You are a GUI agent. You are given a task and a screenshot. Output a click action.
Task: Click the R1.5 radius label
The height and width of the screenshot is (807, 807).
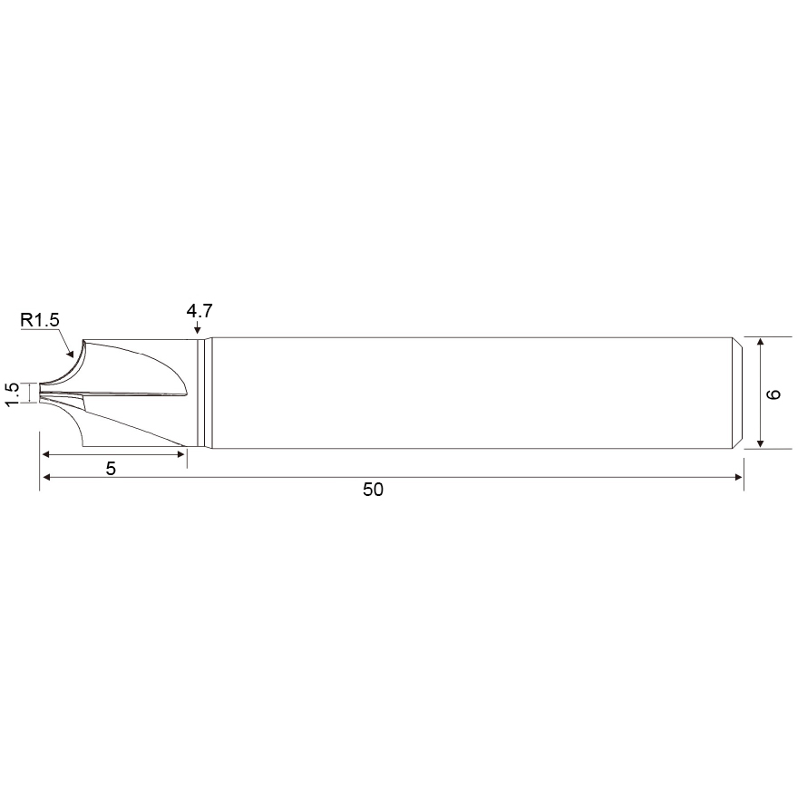pyautogui.click(x=40, y=319)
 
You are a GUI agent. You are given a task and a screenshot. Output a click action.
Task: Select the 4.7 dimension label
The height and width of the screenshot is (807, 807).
pyautogui.click(x=199, y=310)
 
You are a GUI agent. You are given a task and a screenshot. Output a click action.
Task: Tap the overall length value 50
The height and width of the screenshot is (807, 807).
pyautogui.click(x=374, y=490)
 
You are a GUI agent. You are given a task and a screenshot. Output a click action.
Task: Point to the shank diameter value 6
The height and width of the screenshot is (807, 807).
pyautogui.click(x=773, y=394)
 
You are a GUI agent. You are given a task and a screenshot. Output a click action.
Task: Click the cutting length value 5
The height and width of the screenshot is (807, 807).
pyautogui.click(x=111, y=469)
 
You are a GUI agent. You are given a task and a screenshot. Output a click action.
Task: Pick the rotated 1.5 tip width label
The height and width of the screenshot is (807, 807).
pyautogui.click(x=13, y=394)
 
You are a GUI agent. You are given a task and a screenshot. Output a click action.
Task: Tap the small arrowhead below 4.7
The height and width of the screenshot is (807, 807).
pyautogui.click(x=197, y=329)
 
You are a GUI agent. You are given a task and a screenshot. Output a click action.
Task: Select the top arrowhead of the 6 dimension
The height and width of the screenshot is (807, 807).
pyautogui.click(x=761, y=342)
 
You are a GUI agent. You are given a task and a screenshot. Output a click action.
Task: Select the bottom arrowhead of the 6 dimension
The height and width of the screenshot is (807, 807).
pyautogui.click(x=761, y=443)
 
